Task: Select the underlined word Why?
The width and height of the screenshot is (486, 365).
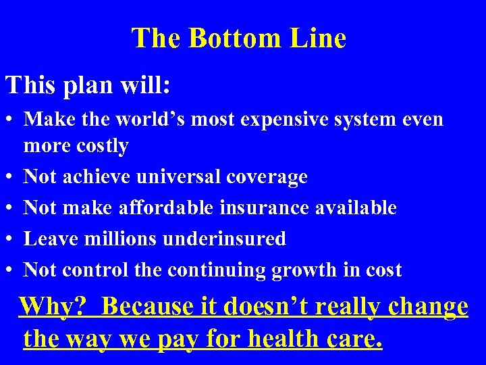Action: point(53,306)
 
